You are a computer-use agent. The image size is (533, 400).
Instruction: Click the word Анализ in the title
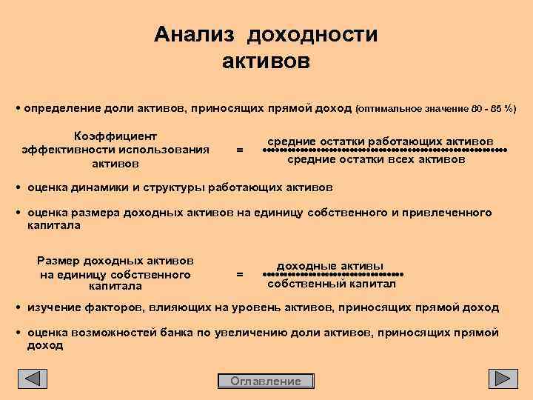195,35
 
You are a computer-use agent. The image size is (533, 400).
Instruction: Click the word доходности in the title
312,35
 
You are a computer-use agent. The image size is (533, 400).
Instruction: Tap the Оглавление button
266,381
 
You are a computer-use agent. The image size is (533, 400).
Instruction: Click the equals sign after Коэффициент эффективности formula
238,150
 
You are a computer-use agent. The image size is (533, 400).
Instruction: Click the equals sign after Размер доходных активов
238,274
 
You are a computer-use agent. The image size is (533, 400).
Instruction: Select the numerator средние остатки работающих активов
381,141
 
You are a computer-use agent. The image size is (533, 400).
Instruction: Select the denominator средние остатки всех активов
376,159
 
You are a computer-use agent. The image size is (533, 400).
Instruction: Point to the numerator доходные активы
329,265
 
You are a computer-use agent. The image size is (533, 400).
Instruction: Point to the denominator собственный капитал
332,284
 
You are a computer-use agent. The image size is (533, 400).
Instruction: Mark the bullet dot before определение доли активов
19,108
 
